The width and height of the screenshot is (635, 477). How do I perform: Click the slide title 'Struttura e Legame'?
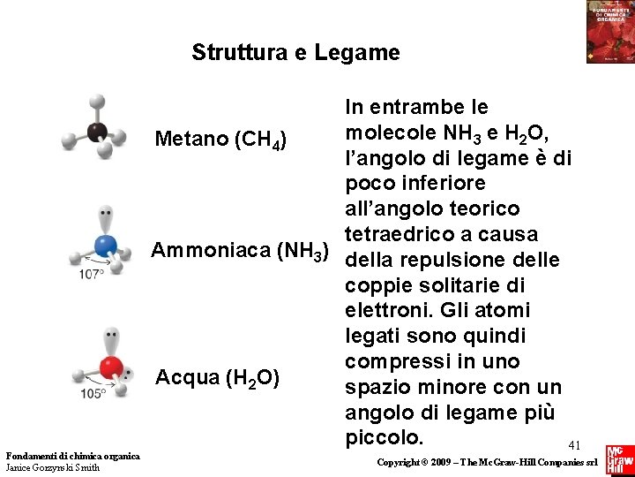coord(295,53)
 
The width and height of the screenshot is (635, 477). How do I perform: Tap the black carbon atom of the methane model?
coord(96,133)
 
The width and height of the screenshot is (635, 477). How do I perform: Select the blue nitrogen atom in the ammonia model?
coord(105,245)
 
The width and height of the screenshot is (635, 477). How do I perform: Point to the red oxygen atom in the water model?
coord(110,366)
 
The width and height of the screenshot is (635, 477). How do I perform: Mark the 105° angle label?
coord(93,394)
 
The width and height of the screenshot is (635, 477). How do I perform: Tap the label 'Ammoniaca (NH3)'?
coord(240,251)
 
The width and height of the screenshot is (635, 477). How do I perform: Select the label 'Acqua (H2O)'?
coord(218,378)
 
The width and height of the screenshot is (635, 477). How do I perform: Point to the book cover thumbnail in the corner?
coord(609,32)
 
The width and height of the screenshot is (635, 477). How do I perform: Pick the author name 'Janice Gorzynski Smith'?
coord(53,467)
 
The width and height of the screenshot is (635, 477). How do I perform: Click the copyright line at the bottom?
coord(488,463)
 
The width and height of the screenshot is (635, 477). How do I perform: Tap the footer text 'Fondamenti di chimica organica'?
coord(72,456)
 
